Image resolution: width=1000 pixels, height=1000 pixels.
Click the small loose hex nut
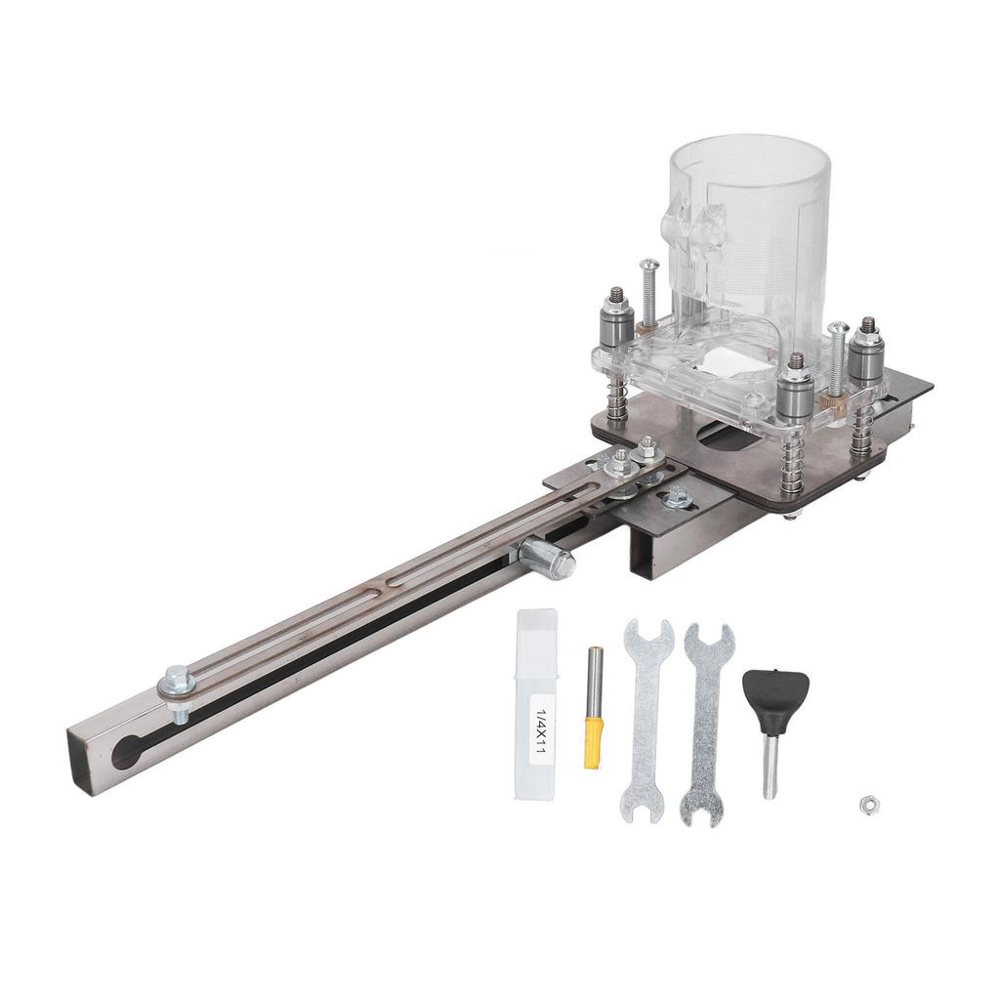[x=865, y=804]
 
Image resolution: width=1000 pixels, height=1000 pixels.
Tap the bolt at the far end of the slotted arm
[x=177, y=680]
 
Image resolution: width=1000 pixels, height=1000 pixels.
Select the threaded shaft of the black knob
[x=771, y=768]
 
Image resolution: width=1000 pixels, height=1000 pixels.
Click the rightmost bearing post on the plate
[x=864, y=351]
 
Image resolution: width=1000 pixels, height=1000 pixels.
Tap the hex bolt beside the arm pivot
[x=677, y=497]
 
